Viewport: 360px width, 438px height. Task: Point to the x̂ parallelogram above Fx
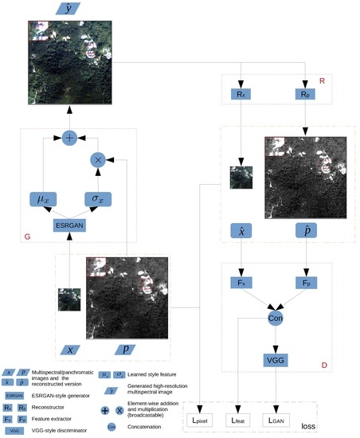tap(241, 230)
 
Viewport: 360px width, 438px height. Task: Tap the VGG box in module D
tap(276, 359)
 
